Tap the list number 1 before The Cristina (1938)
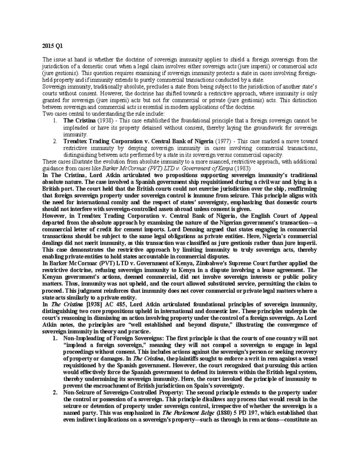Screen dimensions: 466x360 54,121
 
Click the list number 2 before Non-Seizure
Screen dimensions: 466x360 54,393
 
